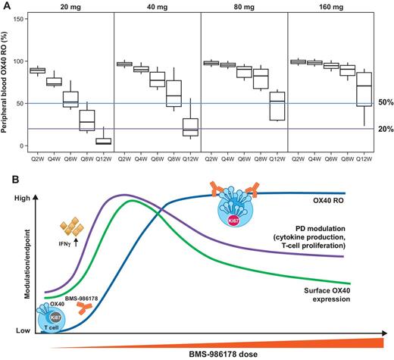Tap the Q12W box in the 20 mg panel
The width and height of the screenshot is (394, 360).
[103, 139]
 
